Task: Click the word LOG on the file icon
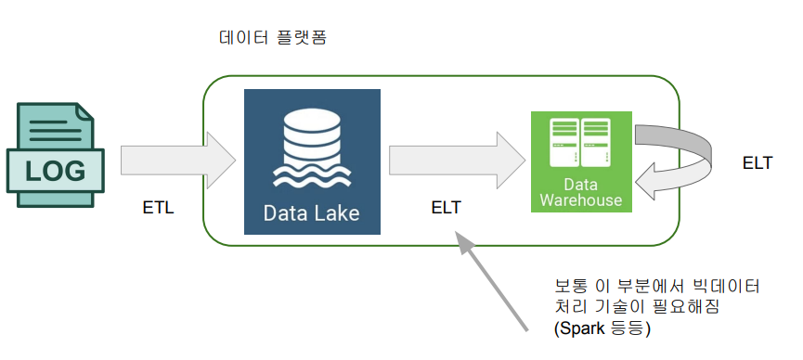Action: [x=56, y=171]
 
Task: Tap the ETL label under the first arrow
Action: [x=158, y=209]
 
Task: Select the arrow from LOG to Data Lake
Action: [x=178, y=161]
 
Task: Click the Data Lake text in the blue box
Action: [x=311, y=213]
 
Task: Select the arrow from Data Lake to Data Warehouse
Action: [x=458, y=161]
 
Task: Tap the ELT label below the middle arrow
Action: [x=446, y=208]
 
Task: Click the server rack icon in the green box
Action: [x=581, y=142]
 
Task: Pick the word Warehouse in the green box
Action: [x=581, y=199]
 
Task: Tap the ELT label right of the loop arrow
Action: [x=757, y=163]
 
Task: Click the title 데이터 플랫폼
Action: [x=272, y=38]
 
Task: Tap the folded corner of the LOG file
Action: [x=85, y=111]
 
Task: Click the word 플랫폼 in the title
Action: [x=301, y=38]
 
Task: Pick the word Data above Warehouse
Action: [x=581, y=184]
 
